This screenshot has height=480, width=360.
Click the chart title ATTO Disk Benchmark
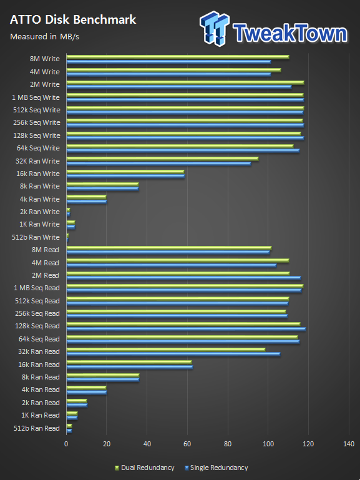pos(73,20)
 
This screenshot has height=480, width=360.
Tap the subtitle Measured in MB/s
pos(44,37)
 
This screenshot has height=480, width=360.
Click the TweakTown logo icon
pos(215,29)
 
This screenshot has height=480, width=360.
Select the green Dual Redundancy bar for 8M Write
pos(178,57)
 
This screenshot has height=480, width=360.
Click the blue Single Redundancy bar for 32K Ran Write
pos(158,164)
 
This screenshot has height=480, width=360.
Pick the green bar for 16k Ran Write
pos(125,172)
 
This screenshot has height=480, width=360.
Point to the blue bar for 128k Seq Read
pos(186,329)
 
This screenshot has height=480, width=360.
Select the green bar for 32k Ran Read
pos(166,350)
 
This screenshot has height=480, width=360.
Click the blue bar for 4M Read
pos(172,265)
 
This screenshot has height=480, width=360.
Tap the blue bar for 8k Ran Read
pos(103,380)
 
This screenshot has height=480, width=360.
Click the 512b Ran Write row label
pos(36,237)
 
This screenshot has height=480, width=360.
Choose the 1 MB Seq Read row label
pos(37,288)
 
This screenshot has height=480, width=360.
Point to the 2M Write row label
pos(45,84)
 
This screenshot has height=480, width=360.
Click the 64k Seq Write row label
pos(38,148)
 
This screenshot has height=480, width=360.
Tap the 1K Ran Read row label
pos(41,416)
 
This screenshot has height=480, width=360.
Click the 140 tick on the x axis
pos(349,444)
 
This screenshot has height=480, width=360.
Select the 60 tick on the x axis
pos(187,444)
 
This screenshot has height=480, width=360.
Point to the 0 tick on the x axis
pos(66,444)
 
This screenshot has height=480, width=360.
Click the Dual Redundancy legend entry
pos(144,468)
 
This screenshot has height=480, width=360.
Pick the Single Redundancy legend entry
pos(216,468)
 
